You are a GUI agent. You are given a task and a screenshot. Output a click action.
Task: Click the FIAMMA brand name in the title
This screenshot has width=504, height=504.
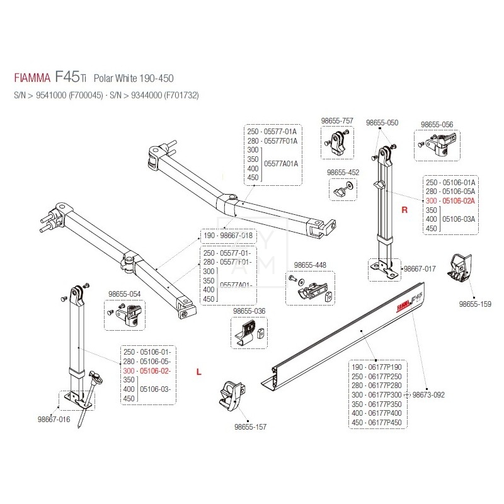[32, 79]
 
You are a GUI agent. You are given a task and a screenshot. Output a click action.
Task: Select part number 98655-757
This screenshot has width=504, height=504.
[337, 120]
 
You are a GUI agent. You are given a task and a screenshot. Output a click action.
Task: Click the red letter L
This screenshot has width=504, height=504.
[199, 372]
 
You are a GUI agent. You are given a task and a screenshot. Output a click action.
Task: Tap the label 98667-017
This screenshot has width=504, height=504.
[420, 268]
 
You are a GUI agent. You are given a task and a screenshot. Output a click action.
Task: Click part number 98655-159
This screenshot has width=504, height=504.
[474, 304]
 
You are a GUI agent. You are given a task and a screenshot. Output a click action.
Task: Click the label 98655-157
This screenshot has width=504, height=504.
[250, 427]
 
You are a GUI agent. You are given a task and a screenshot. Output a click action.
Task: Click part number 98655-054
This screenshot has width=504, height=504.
[124, 294]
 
